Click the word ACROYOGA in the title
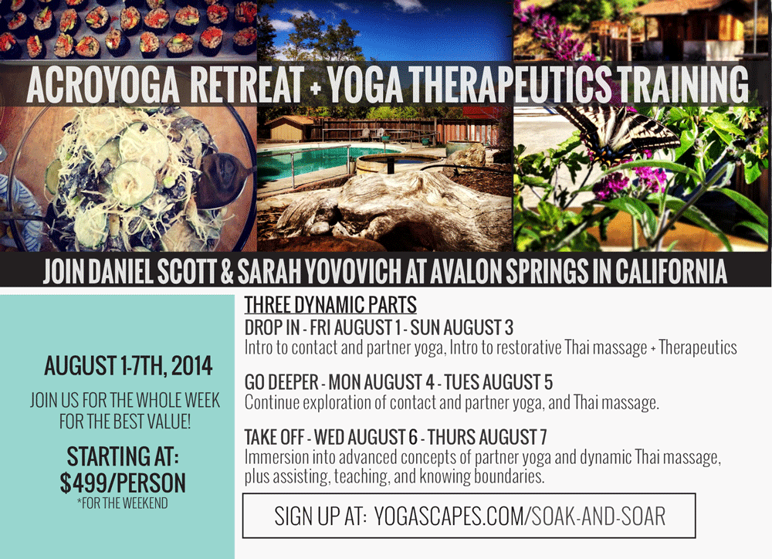pyautogui.click(x=103, y=84)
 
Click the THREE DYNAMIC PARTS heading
pyautogui.click(x=330, y=305)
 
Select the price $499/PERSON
pyautogui.click(x=123, y=483)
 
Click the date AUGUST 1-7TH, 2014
pyautogui.click(x=128, y=366)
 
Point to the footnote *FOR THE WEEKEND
pyautogui.click(x=122, y=503)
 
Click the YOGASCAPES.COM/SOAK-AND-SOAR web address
pyautogui.click(x=520, y=517)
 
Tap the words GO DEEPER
pyautogui.click(x=282, y=382)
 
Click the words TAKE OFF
pyautogui.click(x=274, y=437)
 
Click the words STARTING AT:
pyautogui.click(x=123, y=456)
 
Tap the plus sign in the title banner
pyautogui.click(x=315, y=88)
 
